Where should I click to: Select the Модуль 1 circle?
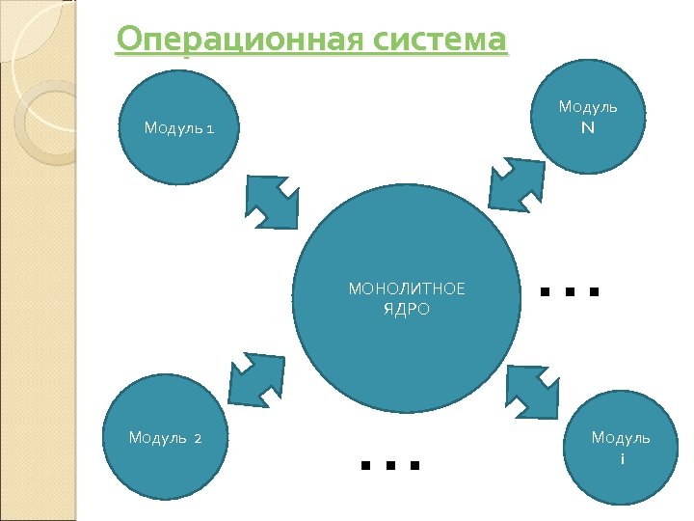[179, 127]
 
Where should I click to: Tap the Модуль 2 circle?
[166, 439]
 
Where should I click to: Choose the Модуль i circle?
[620, 448]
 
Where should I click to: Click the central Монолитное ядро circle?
[407, 299]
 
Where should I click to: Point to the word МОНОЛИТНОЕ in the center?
[406, 288]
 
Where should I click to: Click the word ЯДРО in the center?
[406, 310]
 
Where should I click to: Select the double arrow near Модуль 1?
[273, 201]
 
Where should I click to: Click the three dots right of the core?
[570, 289]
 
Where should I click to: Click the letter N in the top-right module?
[587, 127]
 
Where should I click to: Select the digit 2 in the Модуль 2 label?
[197, 439]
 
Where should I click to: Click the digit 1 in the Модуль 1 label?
[211, 128]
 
